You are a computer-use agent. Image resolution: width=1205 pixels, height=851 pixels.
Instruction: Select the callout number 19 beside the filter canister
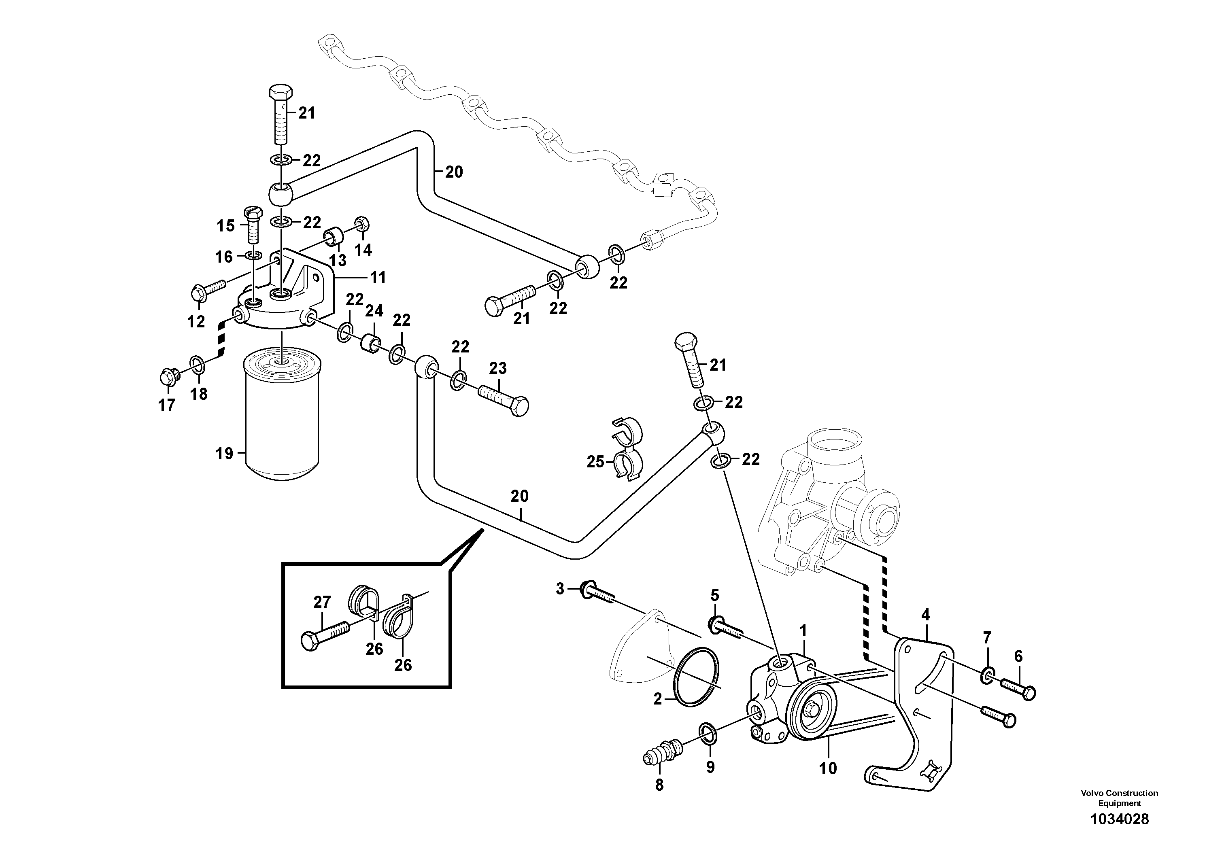[224, 453]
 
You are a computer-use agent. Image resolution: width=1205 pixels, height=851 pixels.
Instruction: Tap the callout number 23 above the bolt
[497, 368]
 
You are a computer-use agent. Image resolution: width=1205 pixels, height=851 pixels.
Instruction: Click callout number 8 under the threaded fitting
[659, 785]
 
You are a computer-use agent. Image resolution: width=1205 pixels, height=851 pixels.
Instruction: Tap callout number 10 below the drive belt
[828, 768]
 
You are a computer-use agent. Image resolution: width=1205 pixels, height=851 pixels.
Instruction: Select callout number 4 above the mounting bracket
[925, 614]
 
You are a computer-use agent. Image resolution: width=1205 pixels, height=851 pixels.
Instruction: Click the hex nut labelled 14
[361, 225]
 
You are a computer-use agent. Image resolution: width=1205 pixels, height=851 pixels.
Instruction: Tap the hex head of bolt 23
[519, 407]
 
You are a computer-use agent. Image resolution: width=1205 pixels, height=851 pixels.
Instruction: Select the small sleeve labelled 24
[371, 344]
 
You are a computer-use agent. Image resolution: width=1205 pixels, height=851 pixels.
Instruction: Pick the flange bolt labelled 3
[589, 589]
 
